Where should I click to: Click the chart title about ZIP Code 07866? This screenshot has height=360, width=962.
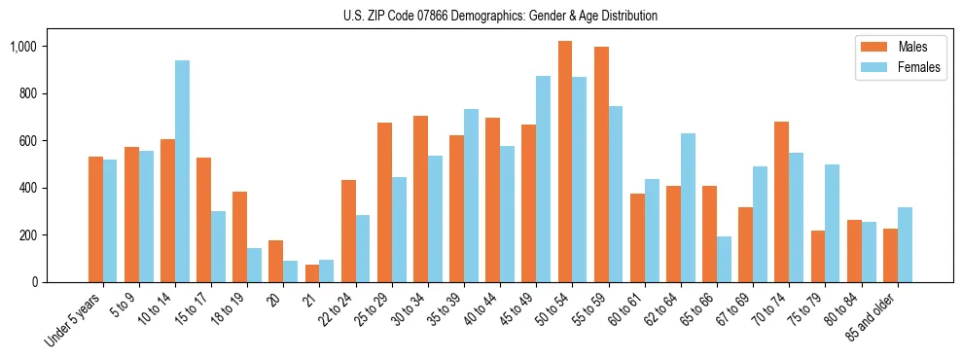point(500,16)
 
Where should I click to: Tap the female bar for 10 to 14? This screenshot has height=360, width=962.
point(182,171)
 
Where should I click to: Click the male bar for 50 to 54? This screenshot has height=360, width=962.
point(565,162)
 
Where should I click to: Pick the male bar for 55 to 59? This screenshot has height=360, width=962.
point(601,164)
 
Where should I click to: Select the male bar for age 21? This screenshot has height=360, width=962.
point(312,273)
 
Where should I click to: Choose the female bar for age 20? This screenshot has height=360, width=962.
point(290,271)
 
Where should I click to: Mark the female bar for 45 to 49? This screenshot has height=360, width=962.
point(543,179)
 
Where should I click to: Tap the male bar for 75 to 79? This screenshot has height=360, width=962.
point(818,256)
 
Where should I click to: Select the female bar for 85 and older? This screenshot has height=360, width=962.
point(905,244)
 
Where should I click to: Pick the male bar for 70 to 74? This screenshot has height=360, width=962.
point(782,201)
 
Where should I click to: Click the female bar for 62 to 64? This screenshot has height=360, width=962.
point(688,207)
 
